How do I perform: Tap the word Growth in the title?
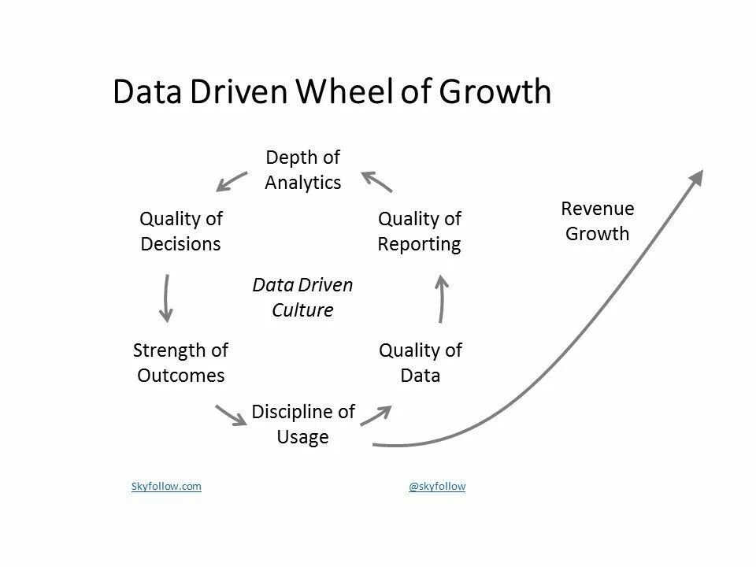click(494, 93)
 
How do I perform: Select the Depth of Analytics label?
click(303, 170)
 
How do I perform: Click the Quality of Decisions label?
click(180, 231)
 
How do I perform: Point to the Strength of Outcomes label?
click(180, 362)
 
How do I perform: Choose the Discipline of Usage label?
click(303, 424)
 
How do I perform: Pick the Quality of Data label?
click(420, 362)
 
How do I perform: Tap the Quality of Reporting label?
click(419, 231)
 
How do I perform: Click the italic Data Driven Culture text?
click(302, 297)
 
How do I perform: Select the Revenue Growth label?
click(598, 221)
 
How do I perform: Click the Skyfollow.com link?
click(166, 487)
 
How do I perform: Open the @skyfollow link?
click(437, 487)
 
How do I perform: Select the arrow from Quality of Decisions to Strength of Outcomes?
click(166, 298)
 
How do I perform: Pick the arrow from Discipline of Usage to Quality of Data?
click(376, 414)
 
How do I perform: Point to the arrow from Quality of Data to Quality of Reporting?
click(442, 299)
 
